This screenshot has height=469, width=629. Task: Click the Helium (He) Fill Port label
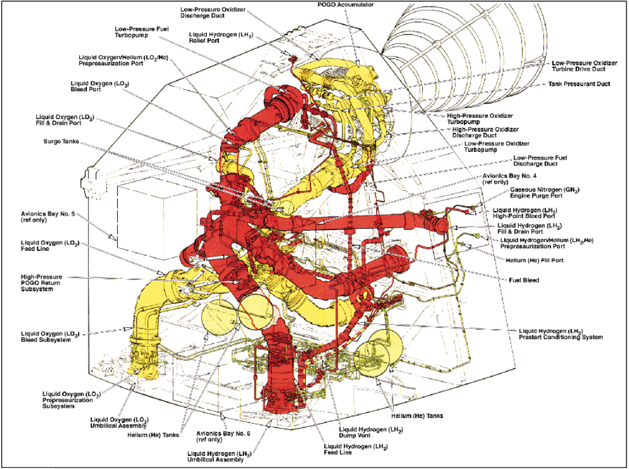click(530, 260)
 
